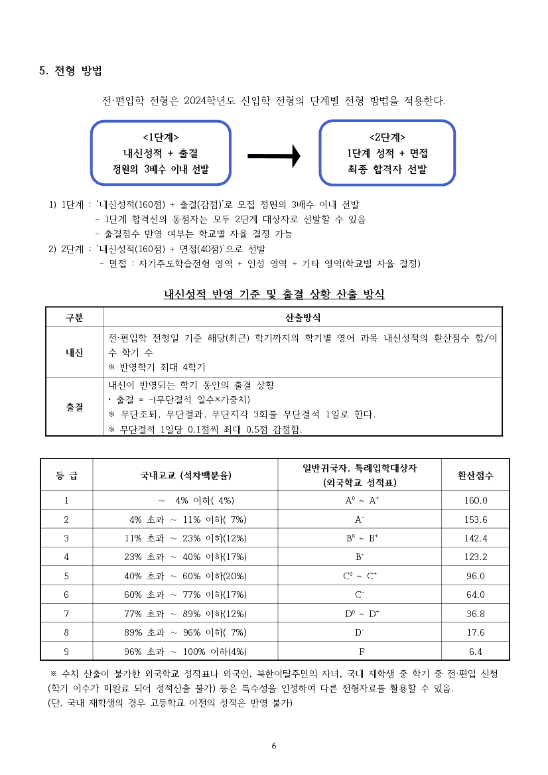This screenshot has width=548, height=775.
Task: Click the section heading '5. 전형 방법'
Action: tap(70, 71)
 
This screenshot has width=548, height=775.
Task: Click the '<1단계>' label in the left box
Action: tap(161, 137)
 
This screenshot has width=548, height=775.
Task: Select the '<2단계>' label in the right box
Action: tap(387, 137)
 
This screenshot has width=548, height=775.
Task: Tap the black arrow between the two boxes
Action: tap(274, 157)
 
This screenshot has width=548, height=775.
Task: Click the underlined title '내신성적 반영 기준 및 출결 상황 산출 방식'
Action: tap(274, 294)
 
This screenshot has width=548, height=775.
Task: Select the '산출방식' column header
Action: tap(303, 317)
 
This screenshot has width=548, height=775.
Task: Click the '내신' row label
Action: tap(74, 352)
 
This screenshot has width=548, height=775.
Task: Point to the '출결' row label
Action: tap(74, 407)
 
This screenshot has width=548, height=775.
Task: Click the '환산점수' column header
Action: tap(476, 475)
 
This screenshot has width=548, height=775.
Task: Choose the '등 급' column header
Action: tap(66, 475)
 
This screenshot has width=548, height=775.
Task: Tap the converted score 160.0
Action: tap(476, 501)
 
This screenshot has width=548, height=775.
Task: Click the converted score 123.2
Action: tap(476, 557)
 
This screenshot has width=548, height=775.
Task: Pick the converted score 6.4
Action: tap(476, 652)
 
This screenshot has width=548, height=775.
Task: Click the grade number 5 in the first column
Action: tap(66, 576)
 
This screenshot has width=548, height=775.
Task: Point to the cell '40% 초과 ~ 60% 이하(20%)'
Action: tap(186, 576)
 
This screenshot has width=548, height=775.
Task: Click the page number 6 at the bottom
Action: tap(274, 745)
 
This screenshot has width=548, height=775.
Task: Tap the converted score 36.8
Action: tap(476, 614)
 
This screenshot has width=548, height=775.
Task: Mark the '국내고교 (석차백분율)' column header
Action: tap(186, 475)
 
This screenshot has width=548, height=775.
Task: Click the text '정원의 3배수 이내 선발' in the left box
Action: tap(161, 169)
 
